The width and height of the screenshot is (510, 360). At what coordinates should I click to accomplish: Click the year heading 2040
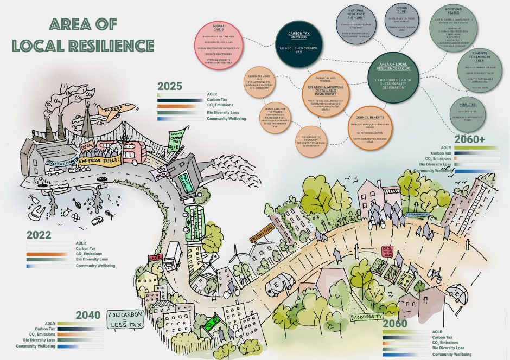click(87, 316)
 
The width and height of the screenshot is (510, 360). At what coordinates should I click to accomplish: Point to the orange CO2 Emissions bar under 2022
click(50, 254)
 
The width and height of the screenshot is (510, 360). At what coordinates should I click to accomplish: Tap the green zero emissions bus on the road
click(194, 222)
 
